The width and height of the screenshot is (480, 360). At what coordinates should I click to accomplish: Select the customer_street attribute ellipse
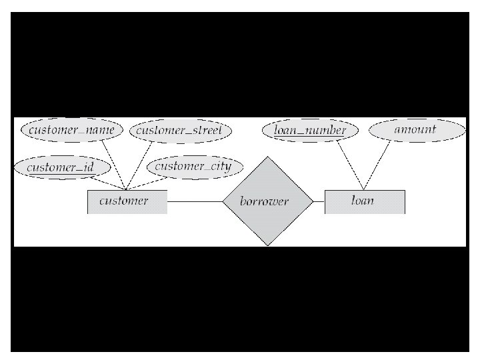coord(179,130)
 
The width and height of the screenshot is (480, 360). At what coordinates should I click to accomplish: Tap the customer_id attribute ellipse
coord(59,167)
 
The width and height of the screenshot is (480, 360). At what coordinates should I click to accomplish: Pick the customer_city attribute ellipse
coord(192,166)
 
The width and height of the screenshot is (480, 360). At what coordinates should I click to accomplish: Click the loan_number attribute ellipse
coord(310,130)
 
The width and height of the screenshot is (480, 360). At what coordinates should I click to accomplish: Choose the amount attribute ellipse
coord(415,129)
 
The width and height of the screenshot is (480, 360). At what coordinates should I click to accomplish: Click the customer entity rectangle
coord(127,201)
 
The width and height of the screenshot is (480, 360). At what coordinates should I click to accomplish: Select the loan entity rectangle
coord(364,201)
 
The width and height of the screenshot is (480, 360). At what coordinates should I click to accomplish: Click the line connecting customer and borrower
coord(194,201)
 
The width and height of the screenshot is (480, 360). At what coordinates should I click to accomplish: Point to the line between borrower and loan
coord(318,201)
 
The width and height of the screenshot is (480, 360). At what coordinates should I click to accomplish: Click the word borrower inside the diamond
coord(264,202)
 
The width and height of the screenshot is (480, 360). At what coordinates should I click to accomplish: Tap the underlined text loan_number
coord(310,131)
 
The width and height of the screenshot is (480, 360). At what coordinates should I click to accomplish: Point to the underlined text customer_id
coord(59,167)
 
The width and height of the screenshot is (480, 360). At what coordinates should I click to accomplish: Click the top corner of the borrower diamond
coord(267,157)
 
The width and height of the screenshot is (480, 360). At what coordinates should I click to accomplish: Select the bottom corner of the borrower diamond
coord(267,245)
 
